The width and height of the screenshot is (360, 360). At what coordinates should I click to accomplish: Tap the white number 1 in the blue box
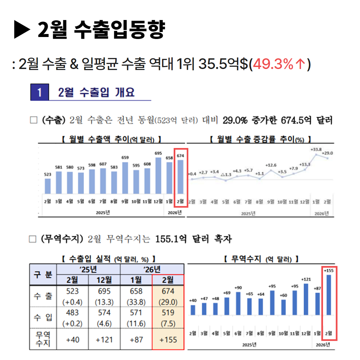pos(39,92)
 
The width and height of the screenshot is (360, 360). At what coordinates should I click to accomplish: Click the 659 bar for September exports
pos(125,178)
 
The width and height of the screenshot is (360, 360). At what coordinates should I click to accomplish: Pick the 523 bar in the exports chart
pos(48,186)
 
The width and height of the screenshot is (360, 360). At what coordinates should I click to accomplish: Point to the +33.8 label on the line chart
pos(316,150)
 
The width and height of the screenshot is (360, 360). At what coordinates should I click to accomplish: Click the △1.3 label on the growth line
pos(226,174)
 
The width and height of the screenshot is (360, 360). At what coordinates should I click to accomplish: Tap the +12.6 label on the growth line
pos(271,165)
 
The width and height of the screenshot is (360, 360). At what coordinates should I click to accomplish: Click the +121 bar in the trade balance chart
pos(306,299)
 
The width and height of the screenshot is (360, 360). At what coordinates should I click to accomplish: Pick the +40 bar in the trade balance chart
pos(193,310)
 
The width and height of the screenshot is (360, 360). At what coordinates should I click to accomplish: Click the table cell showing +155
pos(168,340)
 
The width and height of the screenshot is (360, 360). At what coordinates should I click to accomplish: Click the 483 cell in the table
pos(72,313)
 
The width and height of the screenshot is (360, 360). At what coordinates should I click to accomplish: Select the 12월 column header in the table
pos(104,280)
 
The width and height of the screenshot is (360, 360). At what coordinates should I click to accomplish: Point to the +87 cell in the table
pos(136,340)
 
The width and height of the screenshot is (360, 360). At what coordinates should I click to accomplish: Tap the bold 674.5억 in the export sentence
pos(295,120)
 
